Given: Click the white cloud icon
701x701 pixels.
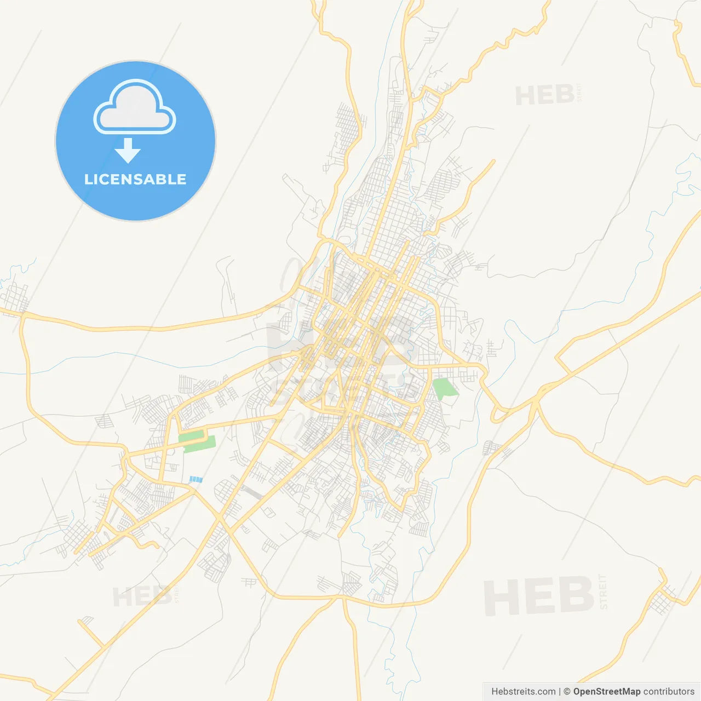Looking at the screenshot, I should tap(135, 107).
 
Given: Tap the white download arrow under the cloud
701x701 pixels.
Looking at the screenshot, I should tap(128, 151).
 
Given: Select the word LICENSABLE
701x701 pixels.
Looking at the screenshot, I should tap(135, 179).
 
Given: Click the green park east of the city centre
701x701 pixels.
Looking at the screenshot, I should tap(444, 389).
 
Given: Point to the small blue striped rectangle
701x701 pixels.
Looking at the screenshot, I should tap(196, 479).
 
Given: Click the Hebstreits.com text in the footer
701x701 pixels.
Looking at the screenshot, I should tap(523, 692).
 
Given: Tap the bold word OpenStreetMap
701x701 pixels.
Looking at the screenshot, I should tap(606, 692).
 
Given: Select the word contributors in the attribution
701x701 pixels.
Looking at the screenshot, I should tap(668, 692).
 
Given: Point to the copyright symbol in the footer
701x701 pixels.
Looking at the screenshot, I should tap(567, 692).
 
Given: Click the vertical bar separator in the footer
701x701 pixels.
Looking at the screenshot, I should tap(559, 692).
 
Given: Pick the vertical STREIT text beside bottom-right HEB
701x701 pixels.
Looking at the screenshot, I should tap(604, 592).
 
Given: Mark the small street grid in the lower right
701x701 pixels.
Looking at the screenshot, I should tap(663, 600).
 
